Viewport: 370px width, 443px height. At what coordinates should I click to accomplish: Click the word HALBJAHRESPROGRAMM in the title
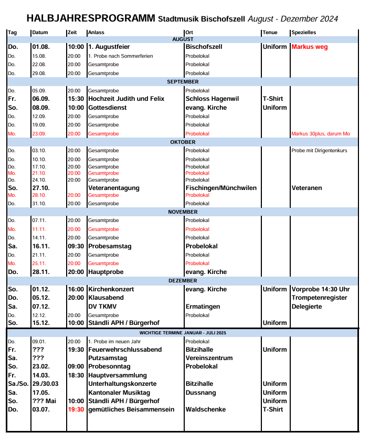pyautogui.click(x=90, y=19)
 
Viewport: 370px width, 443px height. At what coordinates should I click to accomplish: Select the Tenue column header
pyautogui.click(x=270, y=33)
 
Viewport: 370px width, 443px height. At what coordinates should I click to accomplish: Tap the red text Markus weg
pyautogui.click(x=309, y=47)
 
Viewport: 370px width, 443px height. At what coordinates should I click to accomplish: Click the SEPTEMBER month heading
pyautogui.click(x=183, y=82)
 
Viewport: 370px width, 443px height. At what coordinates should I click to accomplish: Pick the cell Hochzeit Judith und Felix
pyautogui.click(x=126, y=99)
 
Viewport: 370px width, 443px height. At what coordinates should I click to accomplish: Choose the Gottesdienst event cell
pyautogui.click(x=107, y=108)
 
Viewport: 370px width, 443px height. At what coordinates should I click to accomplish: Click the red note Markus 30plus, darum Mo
pyautogui.click(x=320, y=134)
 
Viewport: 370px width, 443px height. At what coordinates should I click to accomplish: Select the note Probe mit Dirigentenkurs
pyautogui.click(x=319, y=151)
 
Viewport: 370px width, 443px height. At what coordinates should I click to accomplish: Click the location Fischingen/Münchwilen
pyautogui.click(x=221, y=188)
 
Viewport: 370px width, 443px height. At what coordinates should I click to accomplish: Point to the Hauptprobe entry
pyautogui.click(x=106, y=272)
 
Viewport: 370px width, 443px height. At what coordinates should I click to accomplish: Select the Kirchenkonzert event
pyautogui.click(x=111, y=289)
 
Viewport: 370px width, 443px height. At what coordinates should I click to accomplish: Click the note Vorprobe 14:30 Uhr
pyautogui.click(x=321, y=289)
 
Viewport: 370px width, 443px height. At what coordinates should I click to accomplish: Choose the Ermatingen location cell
pyautogui.click(x=203, y=307)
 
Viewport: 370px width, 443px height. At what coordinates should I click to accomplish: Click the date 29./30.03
pyautogui.click(x=46, y=384)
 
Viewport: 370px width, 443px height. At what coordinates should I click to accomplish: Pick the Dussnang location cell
pyautogui.click(x=201, y=393)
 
